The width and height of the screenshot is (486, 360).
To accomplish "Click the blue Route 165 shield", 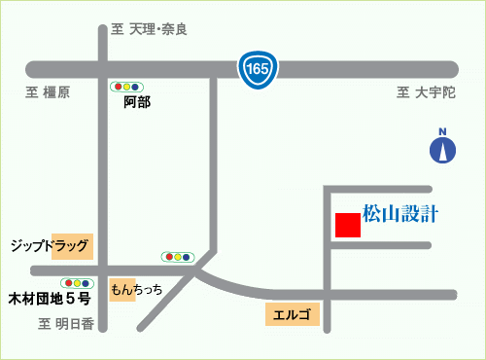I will [258, 68].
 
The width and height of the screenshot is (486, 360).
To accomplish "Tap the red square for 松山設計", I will [347, 224].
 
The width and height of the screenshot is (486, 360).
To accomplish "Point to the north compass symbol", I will [442, 149].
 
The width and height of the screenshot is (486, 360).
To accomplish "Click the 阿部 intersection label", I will [138, 101].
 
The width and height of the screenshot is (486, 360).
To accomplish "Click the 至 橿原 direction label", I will [48, 92].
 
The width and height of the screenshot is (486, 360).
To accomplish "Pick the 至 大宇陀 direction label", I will [426, 92].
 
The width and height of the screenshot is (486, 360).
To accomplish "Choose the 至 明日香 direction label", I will [66, 325].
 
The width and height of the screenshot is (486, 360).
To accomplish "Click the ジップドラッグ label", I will [50, 245].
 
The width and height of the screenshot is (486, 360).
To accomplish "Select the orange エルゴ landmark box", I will [292, 314].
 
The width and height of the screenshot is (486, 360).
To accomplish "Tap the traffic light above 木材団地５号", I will [77, 282].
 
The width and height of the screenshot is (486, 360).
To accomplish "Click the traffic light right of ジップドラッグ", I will [178, 257].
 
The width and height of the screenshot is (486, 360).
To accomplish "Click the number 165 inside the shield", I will [258, 68].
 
